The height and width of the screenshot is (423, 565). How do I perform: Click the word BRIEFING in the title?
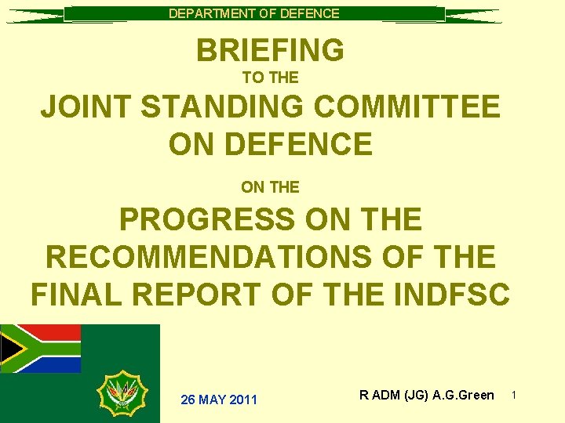[x=270, y=51]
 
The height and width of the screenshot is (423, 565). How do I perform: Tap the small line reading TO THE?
[x=270, y=78]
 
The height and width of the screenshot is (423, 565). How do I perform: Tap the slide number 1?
[x=514, y=395]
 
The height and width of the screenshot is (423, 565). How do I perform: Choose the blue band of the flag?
[x=55, y=364]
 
